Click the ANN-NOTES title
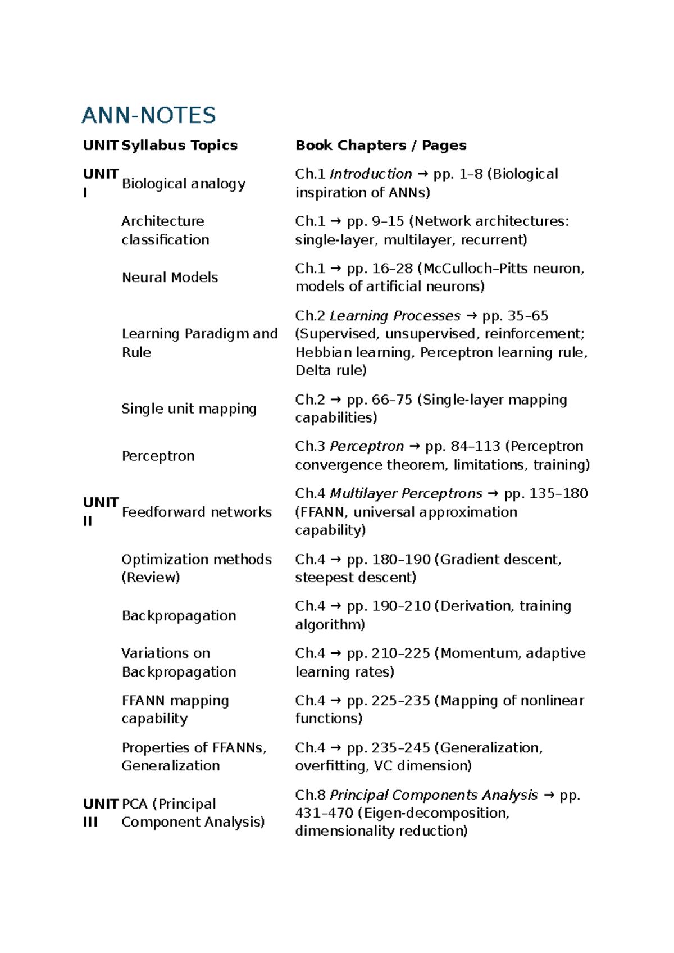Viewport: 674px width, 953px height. pyautogui.click(x=149, y=115)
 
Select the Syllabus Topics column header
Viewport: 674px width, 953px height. pyautogui.click(x=179, y=146)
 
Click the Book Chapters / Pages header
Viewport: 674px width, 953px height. pyautogui.click(x=381, y=146)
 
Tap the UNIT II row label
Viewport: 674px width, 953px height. pyautogui.click(x=100, y=511)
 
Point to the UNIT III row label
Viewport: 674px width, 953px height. pyautogui.click(x=100, y=813)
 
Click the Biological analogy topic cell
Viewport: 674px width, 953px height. pyautogui.click(x=184, y=184)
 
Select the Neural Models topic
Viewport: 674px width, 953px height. pyautogui.click(x=170, y=278)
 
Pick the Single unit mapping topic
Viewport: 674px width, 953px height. pyautogui.click(x=189, y=409)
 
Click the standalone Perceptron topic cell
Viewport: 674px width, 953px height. pyautogui.click(x=158, y=456)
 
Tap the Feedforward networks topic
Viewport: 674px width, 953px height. pyautogui.click(x=197, y=512)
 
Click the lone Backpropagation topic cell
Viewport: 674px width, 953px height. pyautogui.click(x=179, y=616)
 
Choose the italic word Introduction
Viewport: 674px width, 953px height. pyautogui.click(x=371, y=174)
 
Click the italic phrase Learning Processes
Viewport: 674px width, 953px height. pyautogui.click(x=395, y=316)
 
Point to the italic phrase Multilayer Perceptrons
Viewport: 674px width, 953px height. pyautogui.click(x=406, y=494)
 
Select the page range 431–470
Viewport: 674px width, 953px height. pyautogui.click(x=324, y=813)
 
